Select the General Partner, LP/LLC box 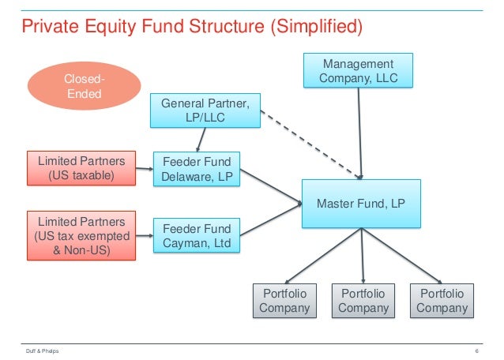[205, 110]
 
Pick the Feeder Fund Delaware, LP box [197, 169]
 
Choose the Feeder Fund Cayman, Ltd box [197, 236]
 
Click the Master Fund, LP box [361, 203]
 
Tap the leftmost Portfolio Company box [284, 300]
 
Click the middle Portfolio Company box [363, 300]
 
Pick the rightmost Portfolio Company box [442, 300]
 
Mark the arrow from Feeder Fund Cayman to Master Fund [269, 219]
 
